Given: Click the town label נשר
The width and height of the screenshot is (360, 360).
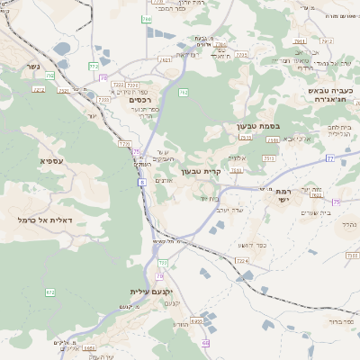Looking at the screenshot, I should pyautogui.click(x=33, y=66).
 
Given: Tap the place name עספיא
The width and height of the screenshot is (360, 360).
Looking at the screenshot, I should pyautogui.click(x=51, y=160).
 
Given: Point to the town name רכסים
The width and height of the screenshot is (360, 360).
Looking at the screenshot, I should pyautogui.click(x=131, y=101).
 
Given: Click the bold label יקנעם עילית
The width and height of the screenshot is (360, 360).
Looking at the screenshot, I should pyautogui.click(x=150, y=292).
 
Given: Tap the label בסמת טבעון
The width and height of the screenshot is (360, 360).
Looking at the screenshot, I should pyautogui.click(x=260, y=127).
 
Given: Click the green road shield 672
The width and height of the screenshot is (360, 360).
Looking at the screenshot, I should pyautogui.click(x=49, y=292).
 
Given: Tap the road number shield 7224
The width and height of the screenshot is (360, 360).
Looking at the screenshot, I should pyautogui.click(x=241, y=260).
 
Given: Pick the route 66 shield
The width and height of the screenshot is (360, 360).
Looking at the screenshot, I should pyautogui.click(x=205, y=343).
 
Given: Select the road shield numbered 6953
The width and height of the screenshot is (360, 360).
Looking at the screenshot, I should pyautogui.click(x=197, y=320).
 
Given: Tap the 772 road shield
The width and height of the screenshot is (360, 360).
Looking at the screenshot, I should pyautogui.click(x=94, y=66).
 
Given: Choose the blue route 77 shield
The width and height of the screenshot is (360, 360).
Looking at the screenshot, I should pyautogui.click(x=329, y=157).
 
